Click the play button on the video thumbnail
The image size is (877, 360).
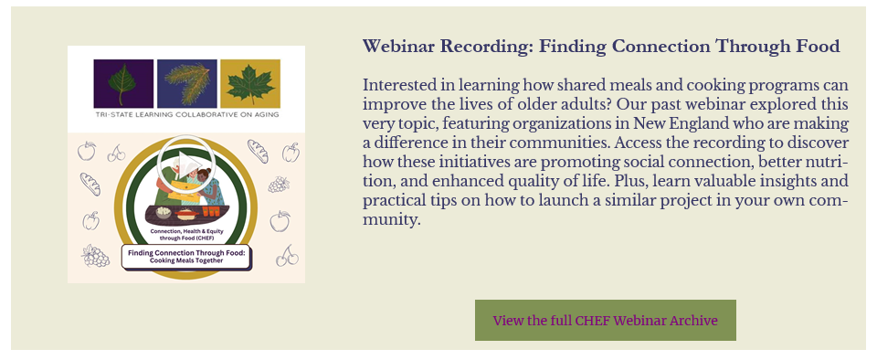point(185,164)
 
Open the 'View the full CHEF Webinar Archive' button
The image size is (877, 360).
point(605,321)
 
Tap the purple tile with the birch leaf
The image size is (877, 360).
point(123,83)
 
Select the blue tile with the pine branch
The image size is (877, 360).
point(186,83)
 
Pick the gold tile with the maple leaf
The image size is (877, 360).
point(250,83)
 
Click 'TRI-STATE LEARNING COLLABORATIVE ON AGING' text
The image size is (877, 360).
point(186,114)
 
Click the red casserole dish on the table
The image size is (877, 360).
point(186,215)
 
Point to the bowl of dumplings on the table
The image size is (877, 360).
point(164,212)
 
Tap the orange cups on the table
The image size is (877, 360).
point(212,212)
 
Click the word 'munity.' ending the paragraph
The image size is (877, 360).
point(391,220)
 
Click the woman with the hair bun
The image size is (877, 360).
point(208,186)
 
